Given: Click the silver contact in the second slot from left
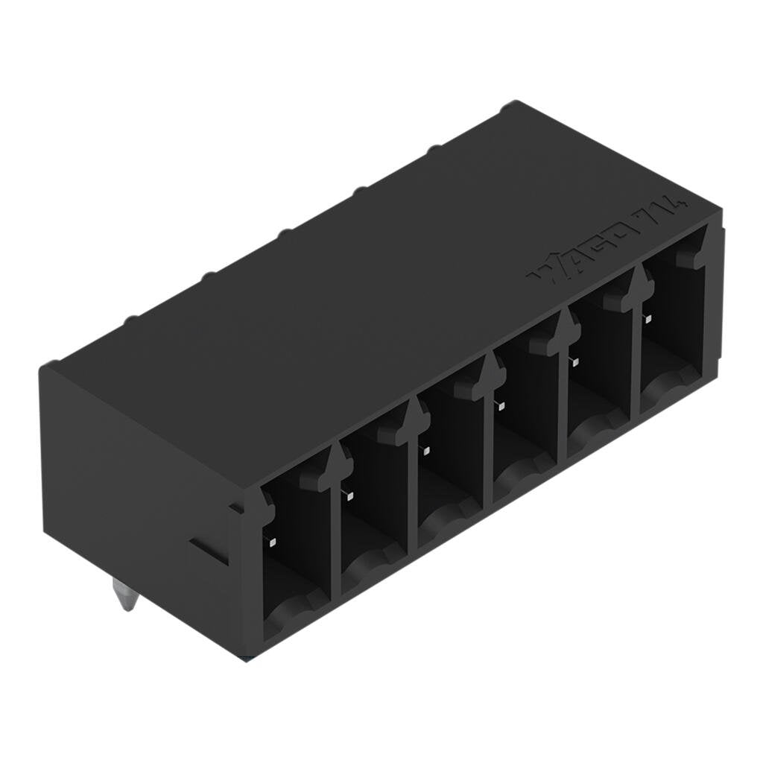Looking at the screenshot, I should [349, 495].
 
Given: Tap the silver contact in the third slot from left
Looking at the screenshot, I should [425, 449].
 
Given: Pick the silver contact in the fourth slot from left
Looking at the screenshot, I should [501, 406].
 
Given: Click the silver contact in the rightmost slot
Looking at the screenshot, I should [648, 319].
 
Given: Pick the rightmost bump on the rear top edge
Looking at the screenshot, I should [510, 107].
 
